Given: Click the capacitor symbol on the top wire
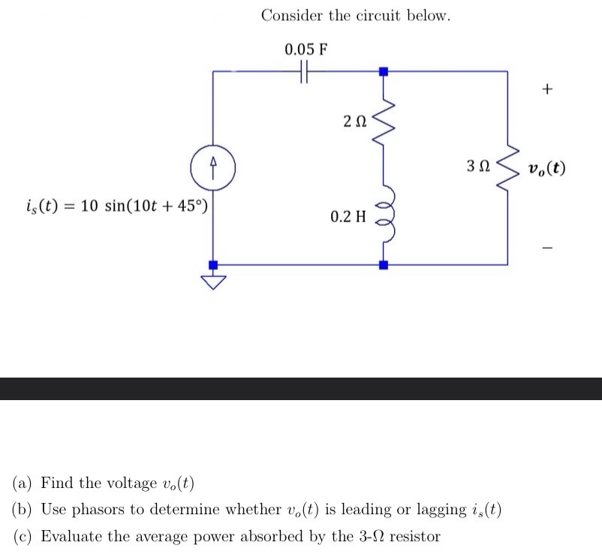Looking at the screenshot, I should pyautogui.click(x=303, y=71).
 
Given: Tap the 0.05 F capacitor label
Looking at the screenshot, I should pyautogui.click(x=306, y=50).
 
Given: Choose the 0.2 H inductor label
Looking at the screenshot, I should pyautogui.click(x=348, y=217).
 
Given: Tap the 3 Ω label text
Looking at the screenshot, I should pyautogui.click(x=478, y=166).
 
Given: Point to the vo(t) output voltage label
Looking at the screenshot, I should pyautogui.click(x=546, y=167).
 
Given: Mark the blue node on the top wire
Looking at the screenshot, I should pyautogui.click(x=384, y=71).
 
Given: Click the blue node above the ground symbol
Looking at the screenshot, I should pyautogui.click(x=213, y=264).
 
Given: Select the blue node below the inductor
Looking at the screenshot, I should pyautogui.click(x=384, y=264).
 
